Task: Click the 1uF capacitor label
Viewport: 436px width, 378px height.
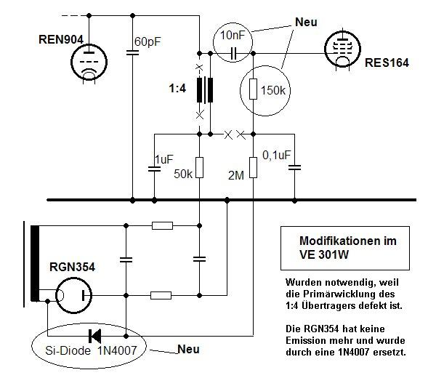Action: (x=164, y=159)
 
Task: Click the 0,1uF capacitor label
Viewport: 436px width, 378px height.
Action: (x=275, y=154)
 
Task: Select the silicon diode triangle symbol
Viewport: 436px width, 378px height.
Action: (x=94, y=336)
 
